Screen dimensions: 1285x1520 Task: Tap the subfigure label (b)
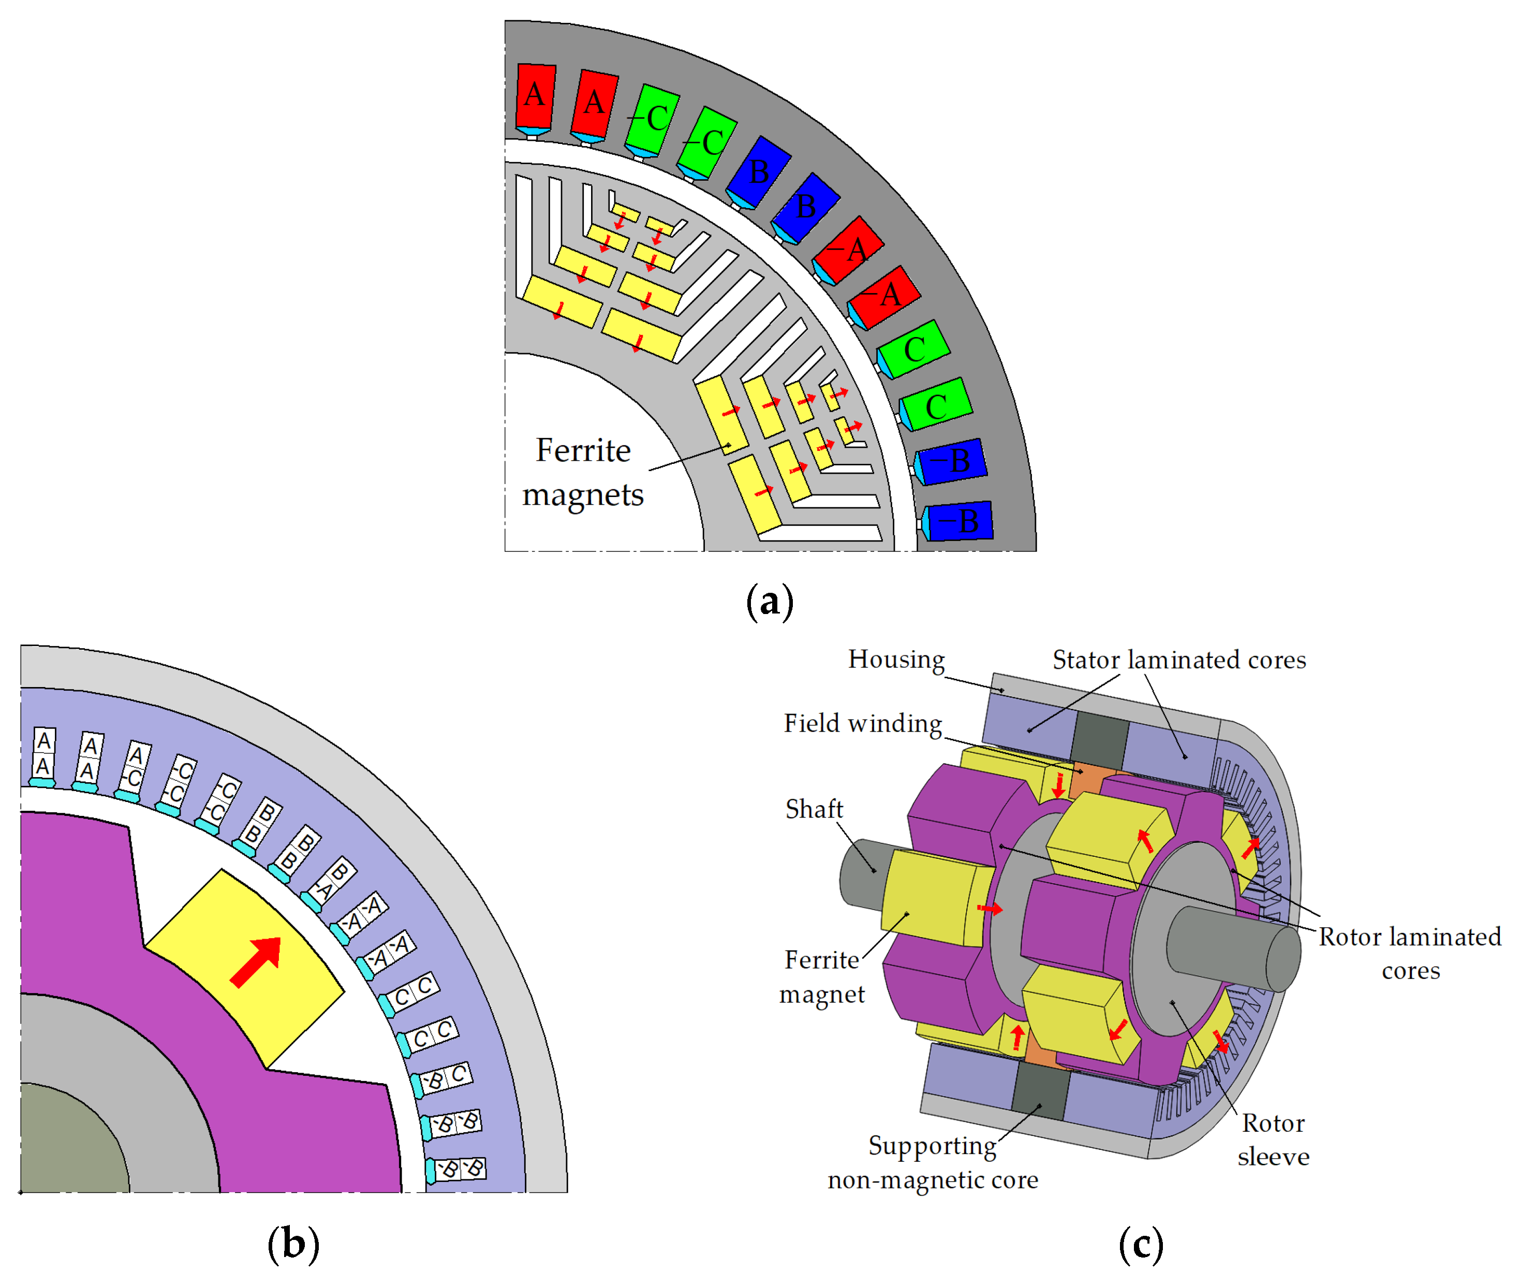tap(293, 1244)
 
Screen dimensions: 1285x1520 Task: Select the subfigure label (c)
tap(1141, 1244)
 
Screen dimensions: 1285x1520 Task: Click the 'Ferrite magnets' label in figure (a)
tap(583, 472)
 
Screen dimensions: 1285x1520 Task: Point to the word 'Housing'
tap(896, 659)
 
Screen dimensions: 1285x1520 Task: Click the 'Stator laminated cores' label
tap(1178, 660)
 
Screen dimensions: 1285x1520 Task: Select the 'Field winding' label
tap(862, 723)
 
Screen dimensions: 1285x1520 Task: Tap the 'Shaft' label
tap(814, 809)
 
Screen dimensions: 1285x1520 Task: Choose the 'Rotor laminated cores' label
tap(1409, 953)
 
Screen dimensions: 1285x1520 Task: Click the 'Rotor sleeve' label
tap(1273, 1140)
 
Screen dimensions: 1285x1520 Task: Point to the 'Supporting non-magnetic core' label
tap(932, 1163)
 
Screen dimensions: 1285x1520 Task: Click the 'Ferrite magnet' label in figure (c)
tap(821, 977)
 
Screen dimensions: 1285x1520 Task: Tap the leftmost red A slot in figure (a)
tap(535, 96)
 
